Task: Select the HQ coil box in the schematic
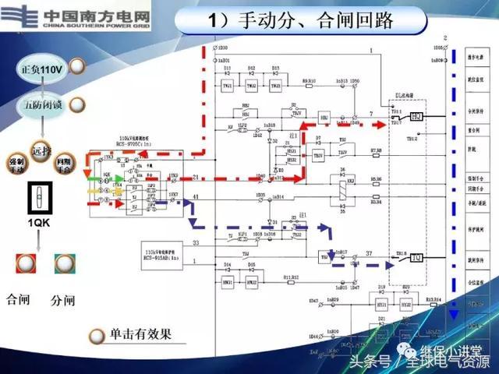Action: [x=416, y=116]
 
